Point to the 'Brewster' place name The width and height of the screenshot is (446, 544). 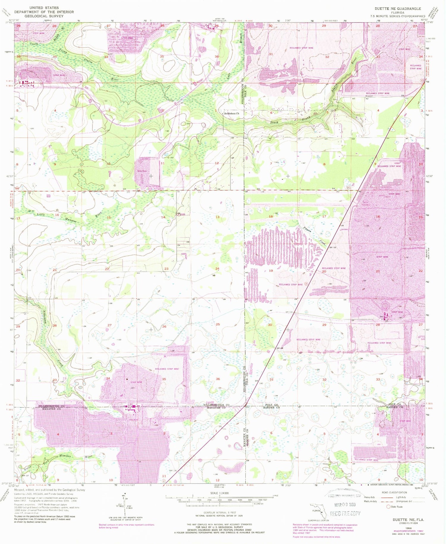369,96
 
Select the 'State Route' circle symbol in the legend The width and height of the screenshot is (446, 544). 388,507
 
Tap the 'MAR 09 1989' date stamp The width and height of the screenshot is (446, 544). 345,504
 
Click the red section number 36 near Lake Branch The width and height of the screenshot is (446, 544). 217,56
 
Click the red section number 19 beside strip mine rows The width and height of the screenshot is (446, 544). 271,271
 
